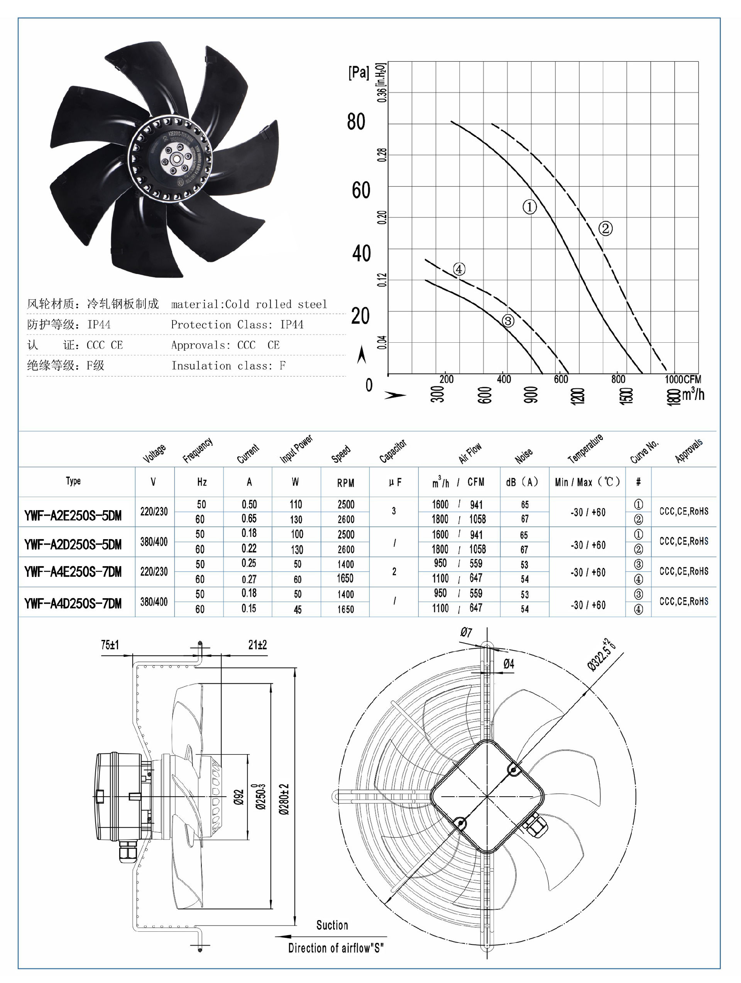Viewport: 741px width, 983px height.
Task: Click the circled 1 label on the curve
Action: coord(529,207)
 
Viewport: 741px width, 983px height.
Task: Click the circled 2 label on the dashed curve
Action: coord(606,229)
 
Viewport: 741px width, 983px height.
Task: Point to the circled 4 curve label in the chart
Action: coord(459,269)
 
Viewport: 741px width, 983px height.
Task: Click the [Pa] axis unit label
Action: coord(358,73)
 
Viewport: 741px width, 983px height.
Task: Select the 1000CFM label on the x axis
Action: coord(682,379)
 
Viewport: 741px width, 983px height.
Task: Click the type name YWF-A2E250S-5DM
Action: coord(73,516)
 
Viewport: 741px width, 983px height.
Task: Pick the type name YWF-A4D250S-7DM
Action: coord(73,604)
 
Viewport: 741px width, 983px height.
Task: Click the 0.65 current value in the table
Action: coord(249,519)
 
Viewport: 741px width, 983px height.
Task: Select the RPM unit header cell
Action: coord(345,482)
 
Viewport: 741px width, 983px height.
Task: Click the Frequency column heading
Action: coord(198,450)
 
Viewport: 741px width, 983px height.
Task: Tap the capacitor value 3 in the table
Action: coord(393,511)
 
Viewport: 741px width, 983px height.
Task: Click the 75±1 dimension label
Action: coord(110,645)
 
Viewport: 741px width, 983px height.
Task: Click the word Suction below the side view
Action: coord(332,925)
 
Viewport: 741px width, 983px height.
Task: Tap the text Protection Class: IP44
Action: coord(237,325)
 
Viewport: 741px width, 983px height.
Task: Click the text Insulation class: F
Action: coord(228,366)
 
